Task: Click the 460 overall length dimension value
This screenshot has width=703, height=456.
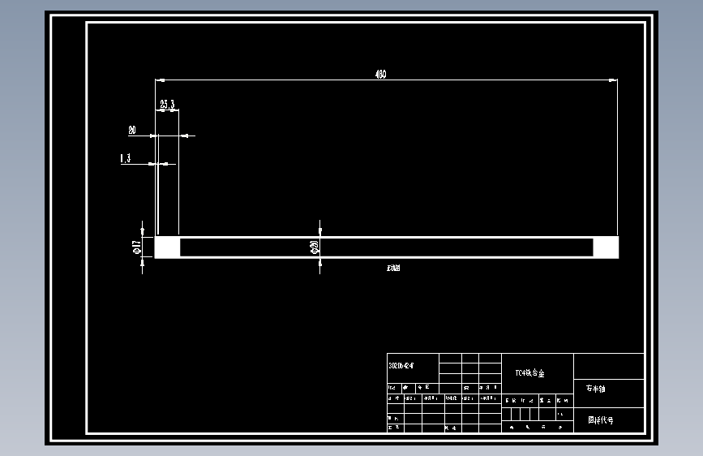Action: (380, 75)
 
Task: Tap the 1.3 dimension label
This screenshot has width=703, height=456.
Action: (126, 159)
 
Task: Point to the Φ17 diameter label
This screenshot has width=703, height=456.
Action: (137, 247)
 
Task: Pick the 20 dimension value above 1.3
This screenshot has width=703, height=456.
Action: (131, 130)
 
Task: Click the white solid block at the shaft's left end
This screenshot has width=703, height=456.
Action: (167, 247)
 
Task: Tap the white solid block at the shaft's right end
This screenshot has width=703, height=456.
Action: (606, 247)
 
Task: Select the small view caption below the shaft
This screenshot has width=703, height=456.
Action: (393, 268)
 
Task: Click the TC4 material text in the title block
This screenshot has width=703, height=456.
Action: (530, 374)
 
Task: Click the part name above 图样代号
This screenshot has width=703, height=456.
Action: (596, 389)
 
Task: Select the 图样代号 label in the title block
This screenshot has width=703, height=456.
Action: (601, 420)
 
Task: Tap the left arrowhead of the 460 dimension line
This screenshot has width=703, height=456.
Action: (160, 80)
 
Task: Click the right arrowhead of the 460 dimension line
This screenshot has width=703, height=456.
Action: (614, 80)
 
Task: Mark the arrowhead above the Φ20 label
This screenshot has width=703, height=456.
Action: (319, 231)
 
